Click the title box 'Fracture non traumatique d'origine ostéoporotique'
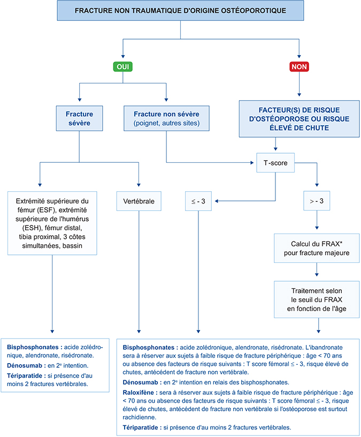pos(180,11)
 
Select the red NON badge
pos(298,67)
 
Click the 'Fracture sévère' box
pos(79,119)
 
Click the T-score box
pos(275,163)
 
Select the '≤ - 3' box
pos(198,202)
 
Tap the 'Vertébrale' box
pos(139,202)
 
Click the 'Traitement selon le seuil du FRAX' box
pos(319,298)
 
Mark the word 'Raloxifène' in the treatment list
pos(140,392)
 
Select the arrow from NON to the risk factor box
pos(298,86)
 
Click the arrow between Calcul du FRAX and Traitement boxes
pos(319,272)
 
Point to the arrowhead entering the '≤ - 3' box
pos(220,202)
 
